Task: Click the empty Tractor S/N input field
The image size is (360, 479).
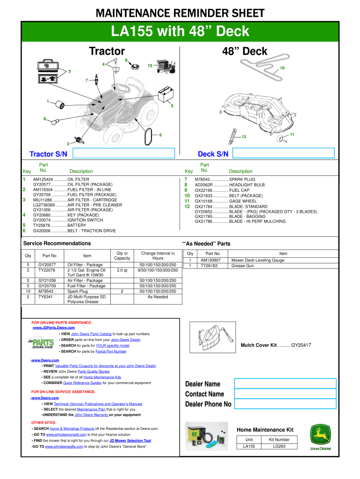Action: pyautogui.click(x=123, y=153)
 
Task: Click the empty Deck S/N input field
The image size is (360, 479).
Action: pyautogui.click(x=284, y=153)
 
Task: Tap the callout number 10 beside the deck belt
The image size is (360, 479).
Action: pyautogui.click(x=282, y=68)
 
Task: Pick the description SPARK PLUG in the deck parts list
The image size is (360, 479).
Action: pyautogui.click(x=242, y=179)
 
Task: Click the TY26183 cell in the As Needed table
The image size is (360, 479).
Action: pyautogui.click(x=210, y=266)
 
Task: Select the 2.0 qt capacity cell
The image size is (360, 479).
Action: pyautogui.click(x=122, y=270)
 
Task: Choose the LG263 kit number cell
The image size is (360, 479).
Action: pyautogui.click(x=279, y=446)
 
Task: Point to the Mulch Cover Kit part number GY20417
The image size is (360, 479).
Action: pyautogui.click(x=301, y=345)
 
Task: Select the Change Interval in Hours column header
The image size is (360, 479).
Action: pyautogui.click(x=158, y=256)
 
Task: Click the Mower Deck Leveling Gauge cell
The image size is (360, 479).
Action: pyautogui.click(x=258, y=260)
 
